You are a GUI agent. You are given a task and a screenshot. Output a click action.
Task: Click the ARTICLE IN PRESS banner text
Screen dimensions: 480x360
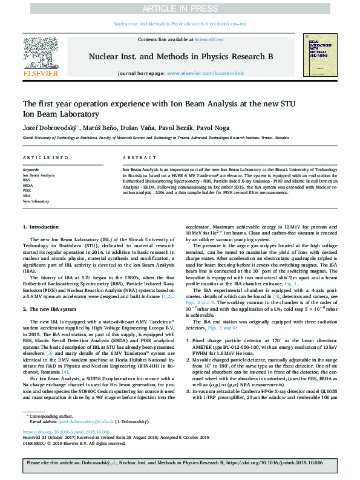pos(180,9)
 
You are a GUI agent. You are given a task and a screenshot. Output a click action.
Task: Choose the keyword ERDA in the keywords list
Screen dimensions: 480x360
pos(28,184)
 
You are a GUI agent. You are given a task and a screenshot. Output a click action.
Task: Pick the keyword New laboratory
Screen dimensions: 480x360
pos(36,201)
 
